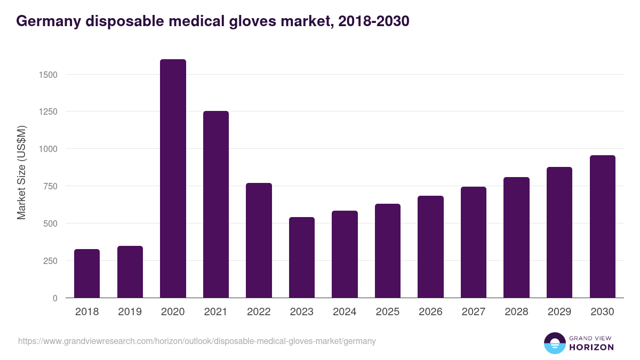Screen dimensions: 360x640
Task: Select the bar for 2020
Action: [x=173, y=179]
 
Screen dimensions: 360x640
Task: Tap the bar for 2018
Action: [x=87, y=273]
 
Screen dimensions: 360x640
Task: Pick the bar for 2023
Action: [x=302, y=257]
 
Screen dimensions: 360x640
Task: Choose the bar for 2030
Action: [x=602, y=226]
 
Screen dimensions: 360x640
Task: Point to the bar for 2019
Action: [x=130, y=271]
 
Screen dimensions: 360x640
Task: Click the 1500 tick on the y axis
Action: [x=49, y=75]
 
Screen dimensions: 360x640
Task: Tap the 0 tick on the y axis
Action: [x=55, y=298]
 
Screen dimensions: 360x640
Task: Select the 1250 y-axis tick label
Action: [x=49, y=112]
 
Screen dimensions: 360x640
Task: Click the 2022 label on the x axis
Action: [x=259, y=312]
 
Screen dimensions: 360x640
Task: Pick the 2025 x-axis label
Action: [x=387, y=312]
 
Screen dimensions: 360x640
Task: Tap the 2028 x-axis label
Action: [x=516, y=312]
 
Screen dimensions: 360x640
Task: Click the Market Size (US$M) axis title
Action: [x=21, y=172]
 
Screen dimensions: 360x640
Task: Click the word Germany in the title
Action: [x=46, y=21]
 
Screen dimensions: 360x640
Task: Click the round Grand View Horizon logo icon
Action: [x=555, y=343]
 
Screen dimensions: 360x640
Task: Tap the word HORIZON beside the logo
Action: [x=591, y=347]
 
